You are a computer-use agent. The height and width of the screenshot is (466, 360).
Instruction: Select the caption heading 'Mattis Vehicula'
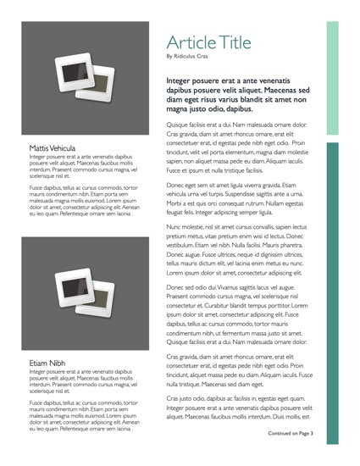53,147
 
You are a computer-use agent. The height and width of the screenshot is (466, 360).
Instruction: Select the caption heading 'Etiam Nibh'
47,363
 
